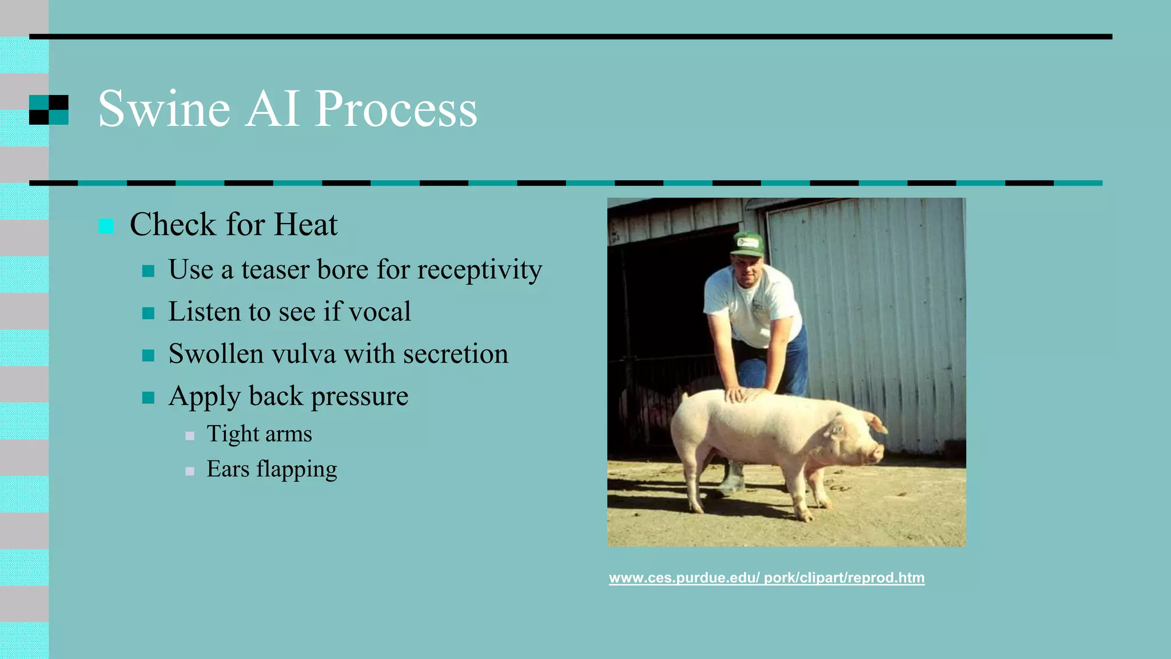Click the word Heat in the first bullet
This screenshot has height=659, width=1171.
pyautogui.click(x=305, y=224)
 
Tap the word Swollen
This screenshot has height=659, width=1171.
pyautogui.click(x=216, y=354)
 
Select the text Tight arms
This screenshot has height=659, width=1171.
pyautogui.click(x=259, y=434)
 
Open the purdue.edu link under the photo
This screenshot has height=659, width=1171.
pyautogui.click(x=766, y=578)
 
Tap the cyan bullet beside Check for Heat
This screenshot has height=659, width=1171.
pyautogui.click(x=106, y=226)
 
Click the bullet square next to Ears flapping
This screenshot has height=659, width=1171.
pyautogui.click(x=190, y=471)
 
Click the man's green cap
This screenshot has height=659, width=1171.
pyautogui.click(x=747, y=244)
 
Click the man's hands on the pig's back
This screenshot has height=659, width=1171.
pyautogui.click(x=743, y=395)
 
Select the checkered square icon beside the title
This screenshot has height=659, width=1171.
pyautogui.click(x=49, y=109)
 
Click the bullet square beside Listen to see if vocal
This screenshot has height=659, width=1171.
pyautogui.click(x=148, y=313)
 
